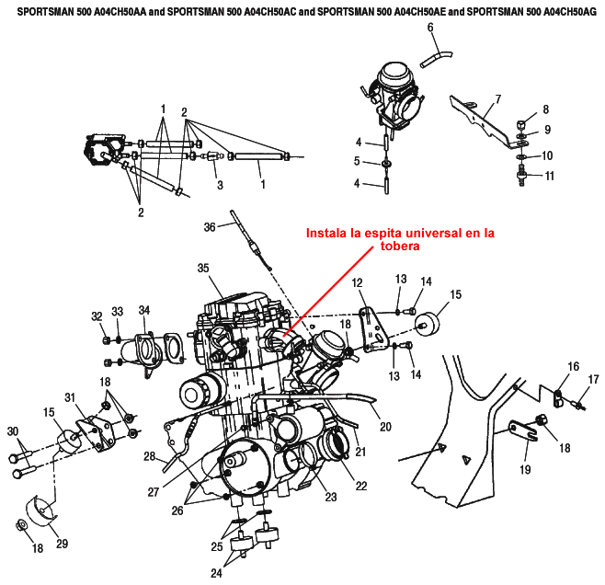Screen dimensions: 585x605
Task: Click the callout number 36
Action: point(210,227)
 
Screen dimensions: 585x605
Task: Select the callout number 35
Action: point(204,268)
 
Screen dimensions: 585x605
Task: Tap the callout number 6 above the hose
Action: point(430,28)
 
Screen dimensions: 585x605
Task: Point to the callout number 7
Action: point(497,98)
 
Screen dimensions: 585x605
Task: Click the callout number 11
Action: point(550,175)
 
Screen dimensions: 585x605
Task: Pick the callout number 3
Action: point(220,185)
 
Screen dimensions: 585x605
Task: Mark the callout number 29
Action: point(63,544)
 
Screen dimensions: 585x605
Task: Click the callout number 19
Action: point(525,469)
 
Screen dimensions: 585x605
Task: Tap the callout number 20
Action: point(385,426)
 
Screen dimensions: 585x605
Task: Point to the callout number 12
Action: point(358,282)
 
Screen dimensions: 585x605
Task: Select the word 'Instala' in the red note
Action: point(327,234)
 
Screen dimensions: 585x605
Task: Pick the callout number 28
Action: point(149,456)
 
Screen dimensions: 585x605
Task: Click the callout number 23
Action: point(330,497)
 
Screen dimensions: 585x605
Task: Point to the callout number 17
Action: point(593,379)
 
